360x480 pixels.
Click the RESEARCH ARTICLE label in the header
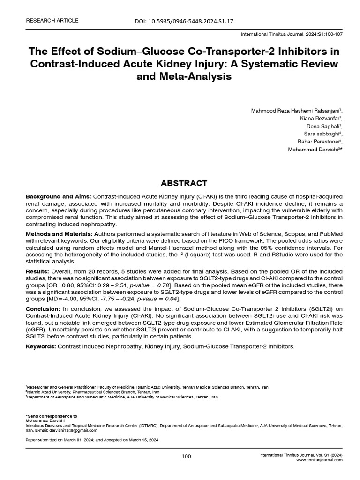[52, 21]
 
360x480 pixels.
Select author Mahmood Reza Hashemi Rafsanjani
[296, 111]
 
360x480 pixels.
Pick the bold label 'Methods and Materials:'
[59, 233]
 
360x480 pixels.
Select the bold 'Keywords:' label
[41, 346]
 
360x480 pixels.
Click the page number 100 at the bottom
[186, 457]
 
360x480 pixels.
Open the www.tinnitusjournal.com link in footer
[319, 460]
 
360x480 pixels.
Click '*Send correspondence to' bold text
[51, 416]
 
